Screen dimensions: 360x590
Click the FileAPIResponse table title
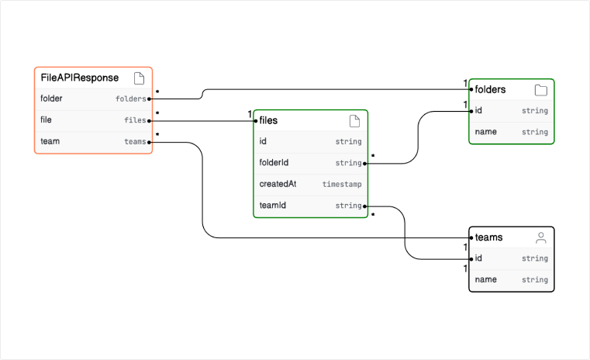80,78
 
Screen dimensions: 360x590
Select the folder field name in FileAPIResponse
51,99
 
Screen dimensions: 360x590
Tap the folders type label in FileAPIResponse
130,99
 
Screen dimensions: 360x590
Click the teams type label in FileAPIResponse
134,141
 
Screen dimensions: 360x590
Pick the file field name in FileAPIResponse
47,119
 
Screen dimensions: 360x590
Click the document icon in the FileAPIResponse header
139,78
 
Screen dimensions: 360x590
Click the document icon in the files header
354,120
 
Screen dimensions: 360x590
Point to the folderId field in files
274,163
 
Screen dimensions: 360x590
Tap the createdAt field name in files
278,184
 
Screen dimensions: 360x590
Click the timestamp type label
342,185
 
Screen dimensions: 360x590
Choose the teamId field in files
273,206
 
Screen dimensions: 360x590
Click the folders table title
490,89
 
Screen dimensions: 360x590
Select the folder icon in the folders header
540,90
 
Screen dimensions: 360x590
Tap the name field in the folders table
485,132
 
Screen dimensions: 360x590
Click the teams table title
488,237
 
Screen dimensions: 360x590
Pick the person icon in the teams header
540,237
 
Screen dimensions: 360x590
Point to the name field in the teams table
485,279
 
